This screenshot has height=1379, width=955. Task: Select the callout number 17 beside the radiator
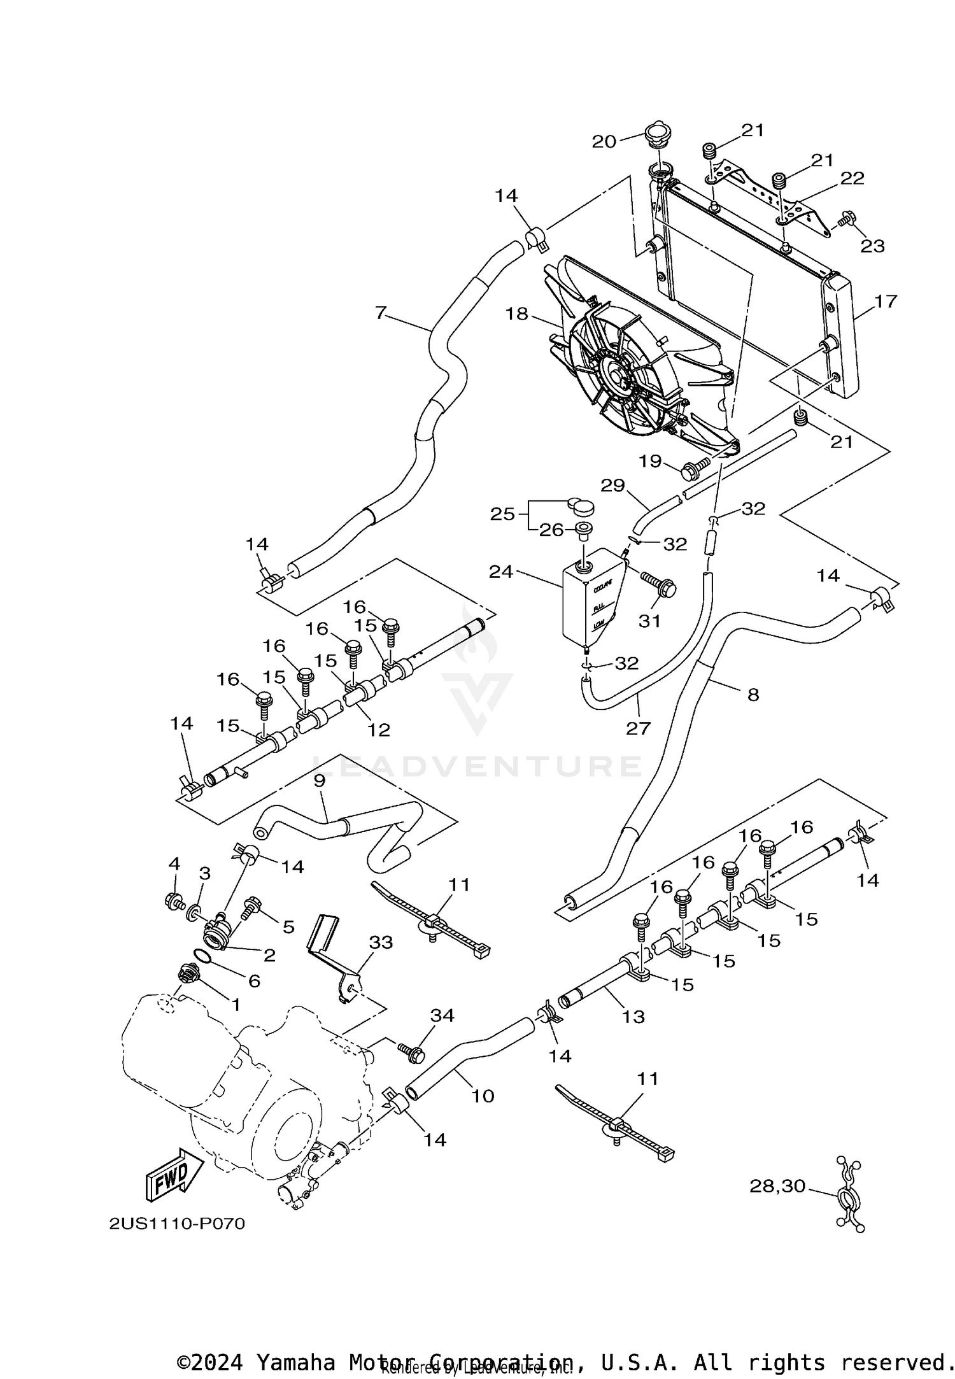tap(886, 301)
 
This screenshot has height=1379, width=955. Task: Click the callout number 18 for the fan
tap(517, 313)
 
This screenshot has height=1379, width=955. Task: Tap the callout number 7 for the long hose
tap(381, 313)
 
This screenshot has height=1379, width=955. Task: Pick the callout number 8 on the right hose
tap(753, 695)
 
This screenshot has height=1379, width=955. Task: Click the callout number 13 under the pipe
tap(633, 1017)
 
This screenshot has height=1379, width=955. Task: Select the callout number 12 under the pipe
tap(378, 730)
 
